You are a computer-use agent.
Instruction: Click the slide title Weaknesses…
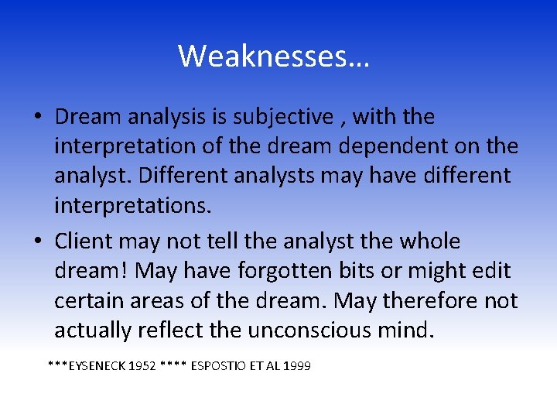pos(274,56)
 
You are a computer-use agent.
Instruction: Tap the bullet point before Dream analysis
pos(37,118)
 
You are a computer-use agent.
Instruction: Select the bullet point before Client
pos(37,242)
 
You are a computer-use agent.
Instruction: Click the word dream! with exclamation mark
pos(94,271)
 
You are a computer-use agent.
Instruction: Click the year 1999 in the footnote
pos(297,365)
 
